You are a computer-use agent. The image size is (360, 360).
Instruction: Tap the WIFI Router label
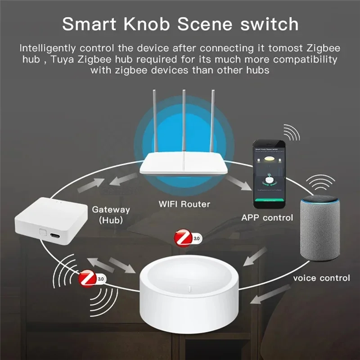pyautogui.click(x=184, y=204)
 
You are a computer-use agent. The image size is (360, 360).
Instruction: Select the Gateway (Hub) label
pyautogui.click(x=111, y=215)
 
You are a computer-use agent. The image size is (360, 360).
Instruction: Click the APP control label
pyautogui.click(x=267, y=218)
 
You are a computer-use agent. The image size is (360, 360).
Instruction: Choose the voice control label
pyautogui.click(x=321, y=278)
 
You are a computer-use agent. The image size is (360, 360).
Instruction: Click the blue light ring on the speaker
pyautogui.click(x=321, y=202)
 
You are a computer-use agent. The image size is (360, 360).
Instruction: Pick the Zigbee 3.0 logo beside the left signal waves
pyautogui.click(x=90, y=279)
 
